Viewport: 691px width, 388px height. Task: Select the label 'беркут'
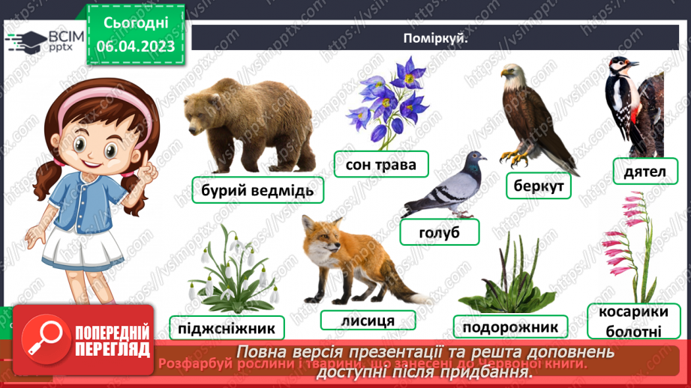tap(539, 185)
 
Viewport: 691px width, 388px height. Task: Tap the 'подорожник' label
tap(510, 327)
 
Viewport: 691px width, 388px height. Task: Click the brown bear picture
tap(248, 120)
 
